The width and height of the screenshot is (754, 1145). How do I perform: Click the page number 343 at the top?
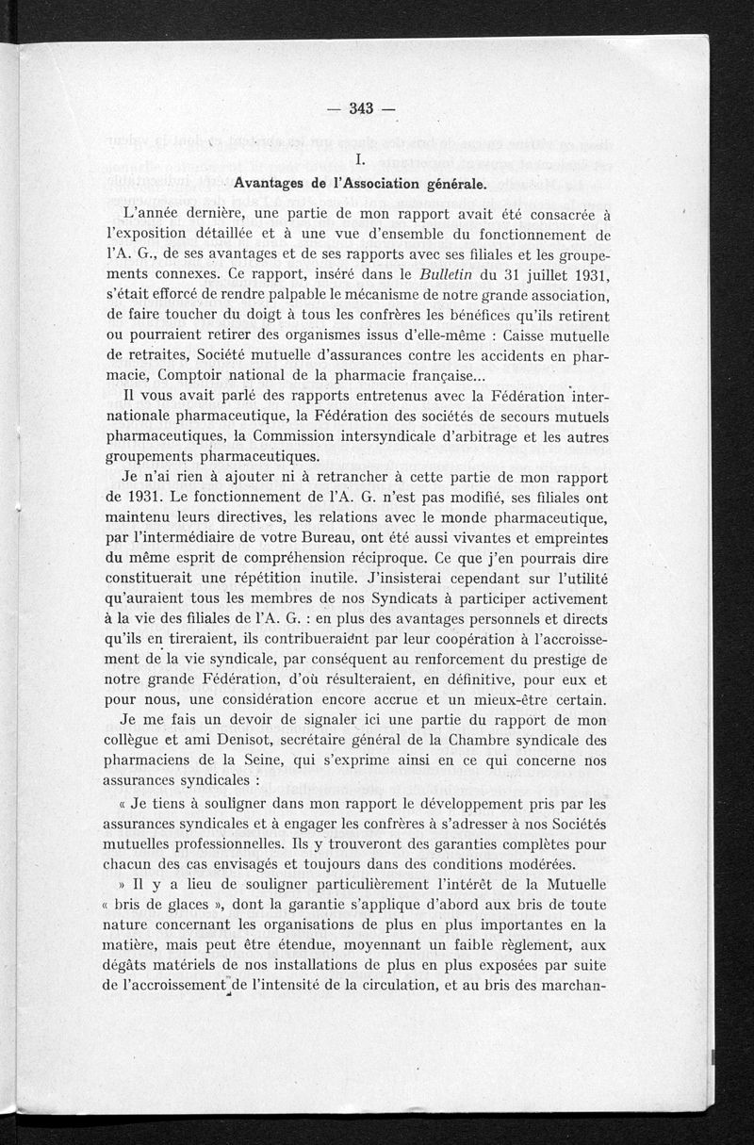tap(361, 107)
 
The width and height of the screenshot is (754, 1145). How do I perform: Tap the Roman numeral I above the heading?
tap(348, 158)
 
